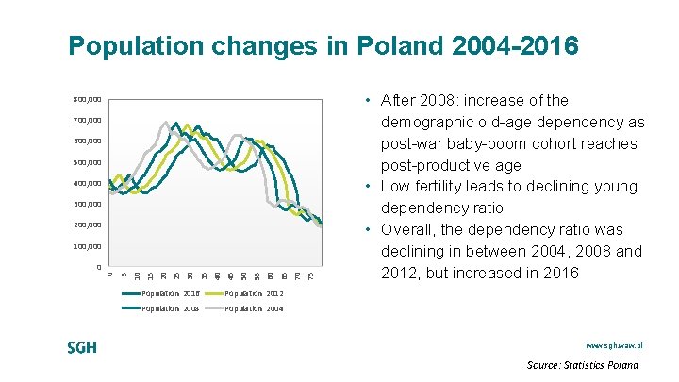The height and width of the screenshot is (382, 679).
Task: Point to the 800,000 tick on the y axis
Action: pos(88,99)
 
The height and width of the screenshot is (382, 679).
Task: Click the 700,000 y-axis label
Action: pos(88,121)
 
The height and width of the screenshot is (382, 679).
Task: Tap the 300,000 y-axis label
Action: pos(88,205)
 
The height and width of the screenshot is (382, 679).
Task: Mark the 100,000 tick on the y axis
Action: pos(88,247)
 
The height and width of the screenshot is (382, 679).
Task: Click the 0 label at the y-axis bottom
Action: pos(98,268)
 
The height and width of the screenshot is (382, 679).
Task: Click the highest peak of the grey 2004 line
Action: pos(166,122)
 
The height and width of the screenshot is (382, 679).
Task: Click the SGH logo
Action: pos(82,347)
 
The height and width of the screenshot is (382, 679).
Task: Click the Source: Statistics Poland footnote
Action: pos(582,365)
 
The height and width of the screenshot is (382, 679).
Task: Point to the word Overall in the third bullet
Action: pos(410,230)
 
